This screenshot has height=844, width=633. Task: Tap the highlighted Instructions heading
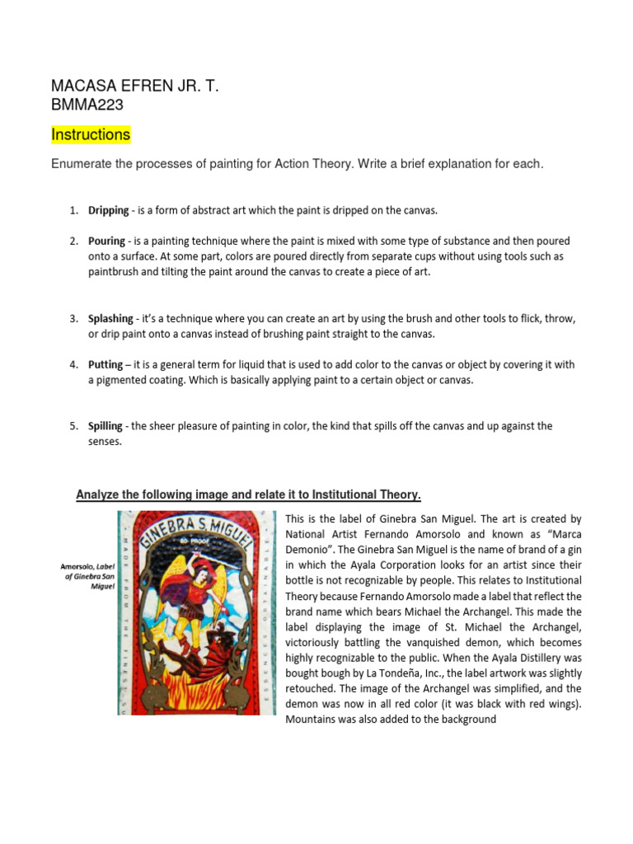91,134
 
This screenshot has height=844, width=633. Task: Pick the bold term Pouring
107,241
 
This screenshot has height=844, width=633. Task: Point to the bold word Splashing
111,318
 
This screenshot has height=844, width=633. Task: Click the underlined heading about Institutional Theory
248,495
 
